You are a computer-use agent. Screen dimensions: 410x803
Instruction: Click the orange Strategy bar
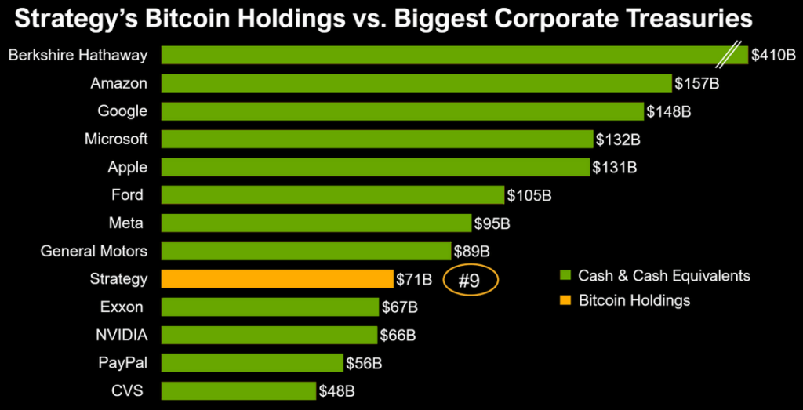pyautogui.click(x=277, y=278)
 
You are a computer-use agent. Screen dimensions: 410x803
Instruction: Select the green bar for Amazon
pyautogui.click(x=416, y=83)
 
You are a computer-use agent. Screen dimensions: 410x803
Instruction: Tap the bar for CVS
pyautogui.click(x=238, y=390)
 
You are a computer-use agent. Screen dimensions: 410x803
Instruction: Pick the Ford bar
pyautogui.click(x=332, y=195)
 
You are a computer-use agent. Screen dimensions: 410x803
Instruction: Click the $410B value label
pyautogui.click(x=772, y=56)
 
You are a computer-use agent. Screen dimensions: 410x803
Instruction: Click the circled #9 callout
pyautogui.click(x=470, y=281)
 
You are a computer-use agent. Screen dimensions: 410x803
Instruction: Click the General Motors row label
pyautogui.click(x=93, y=251)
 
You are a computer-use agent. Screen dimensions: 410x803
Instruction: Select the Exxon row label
pyautogui.click(x=122, y=307)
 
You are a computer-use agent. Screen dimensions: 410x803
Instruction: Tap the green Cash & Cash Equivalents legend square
pyautogui.click(x=563, y=276)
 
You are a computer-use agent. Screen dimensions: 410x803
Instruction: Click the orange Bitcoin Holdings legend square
pyautogui.click(x=563, y=300)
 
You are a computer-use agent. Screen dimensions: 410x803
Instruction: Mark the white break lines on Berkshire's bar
pyautogui.click(x=735, y=55)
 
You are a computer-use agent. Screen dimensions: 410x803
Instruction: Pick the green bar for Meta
pyautogui.click(x=316, y=223)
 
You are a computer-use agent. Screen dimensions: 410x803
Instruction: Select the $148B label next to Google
pyautogui.click(x=668, y=111)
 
